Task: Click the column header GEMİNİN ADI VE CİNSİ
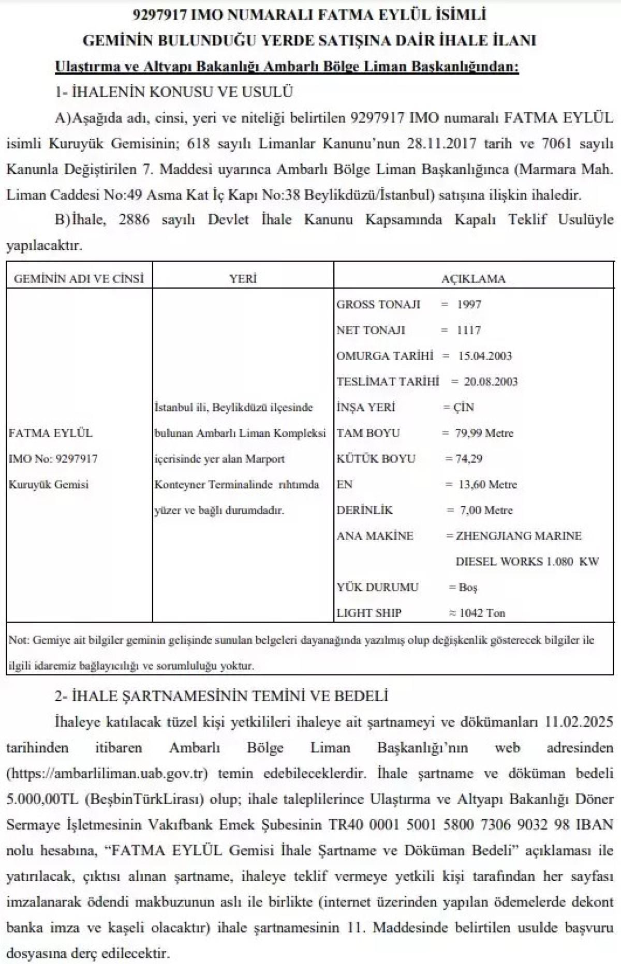point(79,279)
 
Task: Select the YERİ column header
point(243,279)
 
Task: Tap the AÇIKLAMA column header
point(473,279)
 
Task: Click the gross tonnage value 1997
point(469,304)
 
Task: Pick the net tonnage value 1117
point(469,330)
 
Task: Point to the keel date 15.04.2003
point(485,356)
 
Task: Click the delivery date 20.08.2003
point(491,382)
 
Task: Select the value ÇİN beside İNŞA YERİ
point(463,408)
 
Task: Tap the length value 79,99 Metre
point(484,433)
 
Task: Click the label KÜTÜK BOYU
point(376,459)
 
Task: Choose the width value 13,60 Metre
point(488,485)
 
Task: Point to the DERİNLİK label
point(364,510)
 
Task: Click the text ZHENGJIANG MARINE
point(519,536)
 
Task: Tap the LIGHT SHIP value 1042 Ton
point(482,613)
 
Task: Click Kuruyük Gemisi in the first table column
point(49,485)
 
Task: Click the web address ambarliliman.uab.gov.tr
point(107,774)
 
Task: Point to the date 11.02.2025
point(579,721)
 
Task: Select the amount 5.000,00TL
point(42,799)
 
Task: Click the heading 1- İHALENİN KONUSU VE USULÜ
point(174,92)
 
